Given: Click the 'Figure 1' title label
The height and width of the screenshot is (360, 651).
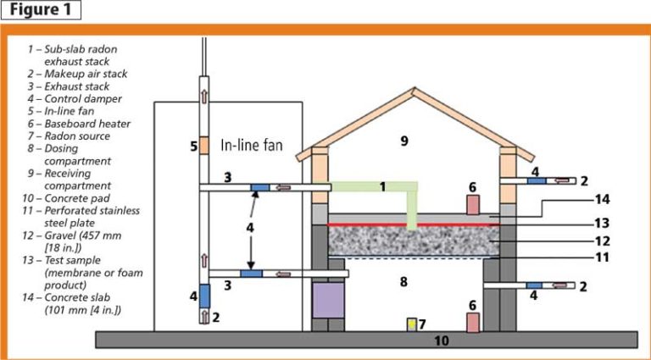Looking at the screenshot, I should (42, 10).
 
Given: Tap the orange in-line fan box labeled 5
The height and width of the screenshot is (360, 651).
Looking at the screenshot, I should (204, 146).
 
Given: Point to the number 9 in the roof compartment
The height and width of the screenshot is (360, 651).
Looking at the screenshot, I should (405, 141).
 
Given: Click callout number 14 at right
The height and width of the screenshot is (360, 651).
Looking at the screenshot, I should (602, 200).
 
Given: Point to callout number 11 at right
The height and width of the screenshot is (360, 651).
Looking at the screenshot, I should (602, 259).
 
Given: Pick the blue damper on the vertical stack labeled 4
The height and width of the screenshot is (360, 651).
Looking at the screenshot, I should (204, 296).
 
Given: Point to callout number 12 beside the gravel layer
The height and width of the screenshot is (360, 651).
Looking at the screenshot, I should (602, 241).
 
